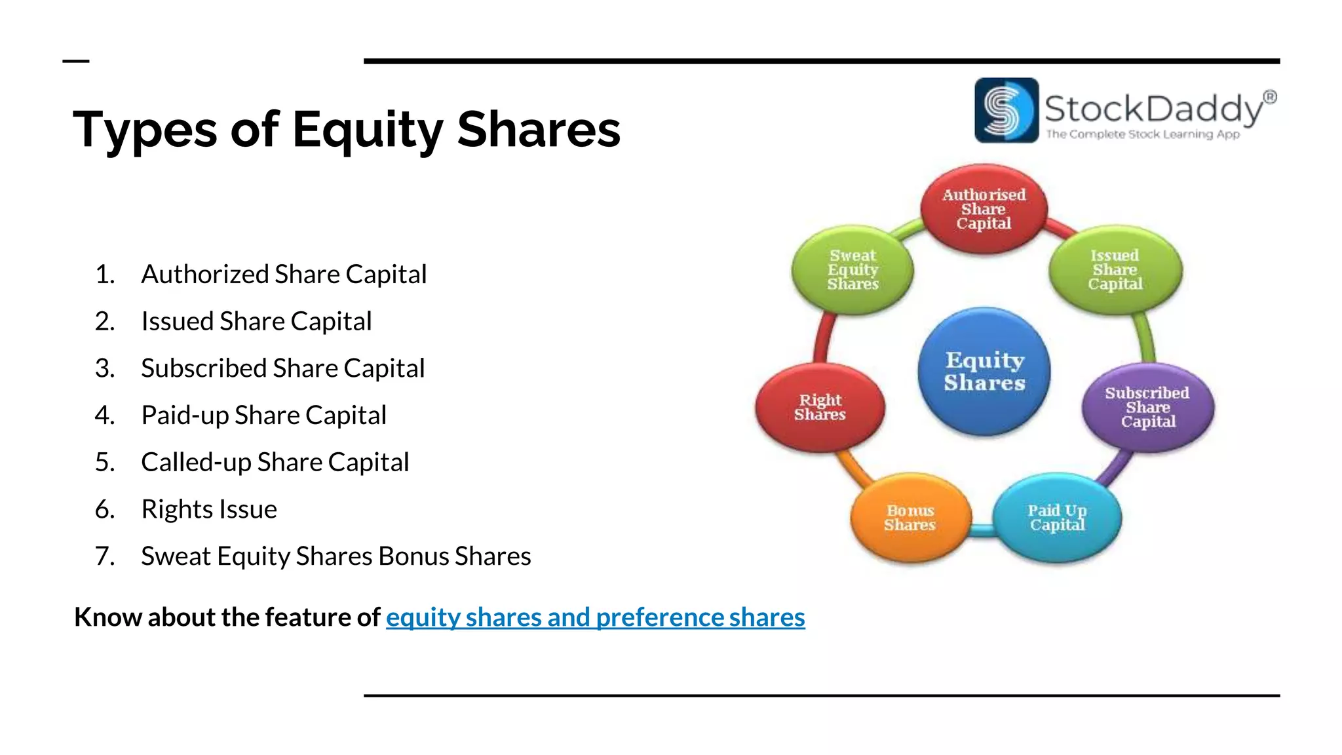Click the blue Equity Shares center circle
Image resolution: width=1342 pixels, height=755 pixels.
point(984,371)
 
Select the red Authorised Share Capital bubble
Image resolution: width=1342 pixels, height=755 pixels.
point(984,208)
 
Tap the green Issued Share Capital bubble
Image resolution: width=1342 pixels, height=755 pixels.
point(1115,269)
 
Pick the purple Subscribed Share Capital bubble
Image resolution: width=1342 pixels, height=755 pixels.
point(1147,407)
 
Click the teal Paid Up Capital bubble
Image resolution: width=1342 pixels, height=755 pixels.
point(1057,517)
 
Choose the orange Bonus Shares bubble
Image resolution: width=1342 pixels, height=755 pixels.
point(910,517)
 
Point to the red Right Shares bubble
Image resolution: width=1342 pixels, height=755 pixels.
point(820,407)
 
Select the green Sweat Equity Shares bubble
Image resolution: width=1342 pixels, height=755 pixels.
point(853,269)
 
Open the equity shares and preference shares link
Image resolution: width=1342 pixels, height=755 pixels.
point(595,617)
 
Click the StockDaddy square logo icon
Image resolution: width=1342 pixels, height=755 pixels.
point(1006,110)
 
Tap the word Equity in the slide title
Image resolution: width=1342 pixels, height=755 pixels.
point(368,130)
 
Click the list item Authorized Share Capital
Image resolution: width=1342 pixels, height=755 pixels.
point(284,274)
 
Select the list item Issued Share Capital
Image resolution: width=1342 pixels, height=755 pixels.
point(256,321)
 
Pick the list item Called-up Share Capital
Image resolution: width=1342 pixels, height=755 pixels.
point(275,462)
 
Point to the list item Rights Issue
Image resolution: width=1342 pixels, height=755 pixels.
point(209,509)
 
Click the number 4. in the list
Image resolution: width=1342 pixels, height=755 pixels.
point(105,416)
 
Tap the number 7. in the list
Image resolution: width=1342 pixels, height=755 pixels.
point(105,556)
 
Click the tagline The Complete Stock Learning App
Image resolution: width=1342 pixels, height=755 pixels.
point(1143,134)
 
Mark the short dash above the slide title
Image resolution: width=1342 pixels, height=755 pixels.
point(76,61)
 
